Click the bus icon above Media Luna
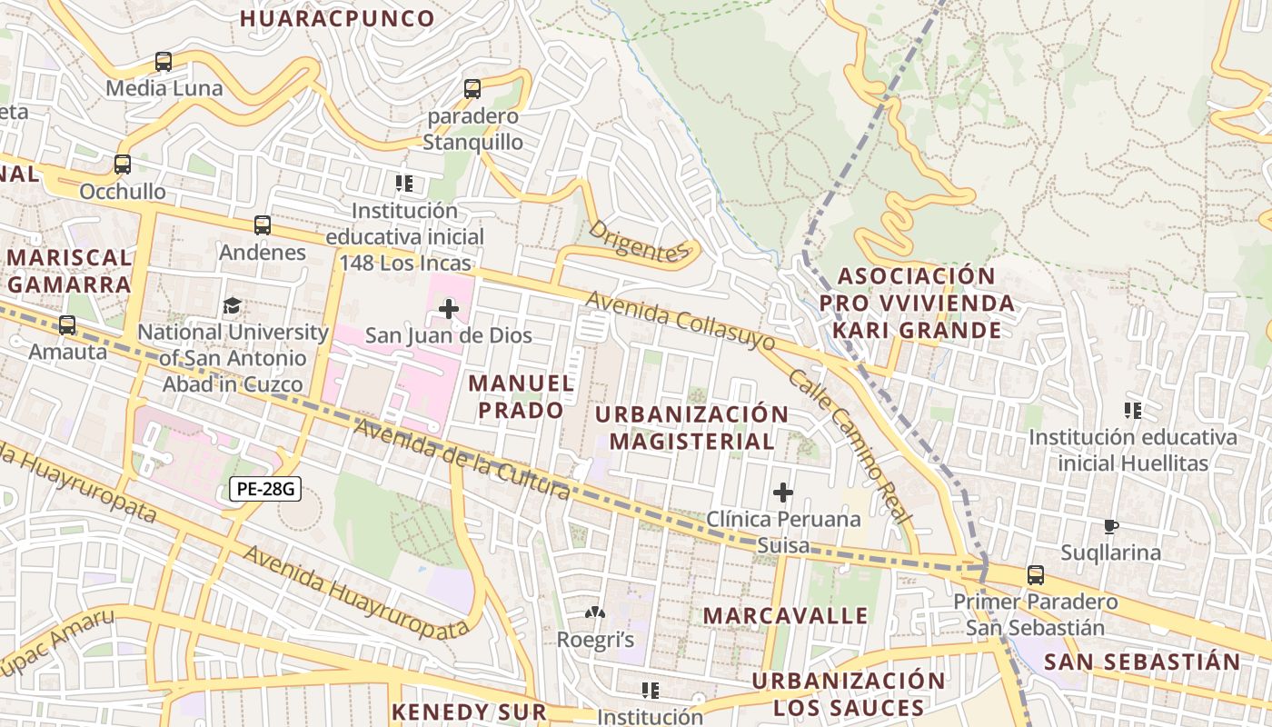point(164,62)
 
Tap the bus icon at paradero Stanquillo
point(472,89)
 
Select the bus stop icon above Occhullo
point(123,164)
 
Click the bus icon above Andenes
point(263,224)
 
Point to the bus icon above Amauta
point(67,324)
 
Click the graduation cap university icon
point(233,305)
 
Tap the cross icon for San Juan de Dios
point(449,309)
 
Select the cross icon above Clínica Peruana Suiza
point(782,493)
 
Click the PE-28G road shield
point(264,489)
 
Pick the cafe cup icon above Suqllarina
point(1110,526)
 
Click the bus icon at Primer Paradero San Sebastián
point(1035,574)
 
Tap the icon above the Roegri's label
point(595,613)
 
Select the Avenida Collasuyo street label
point(681,321)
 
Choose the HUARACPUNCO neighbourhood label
point(337,18)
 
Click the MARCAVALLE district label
point(786,615)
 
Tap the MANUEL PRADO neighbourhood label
point(522,396)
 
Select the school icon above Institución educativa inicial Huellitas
point(1132,411)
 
